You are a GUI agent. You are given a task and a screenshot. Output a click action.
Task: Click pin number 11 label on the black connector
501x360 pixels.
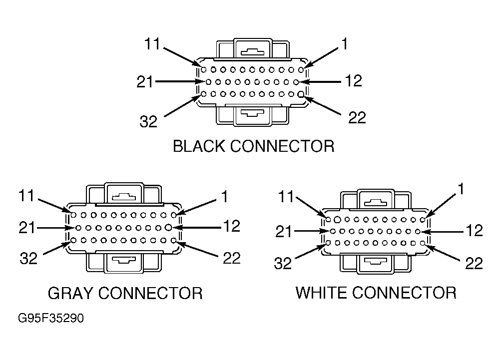pyautogui.click(x=152, y=44)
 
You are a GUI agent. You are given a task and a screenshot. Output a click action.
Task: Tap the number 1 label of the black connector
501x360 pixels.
pyautogui.click(x=344, y=44)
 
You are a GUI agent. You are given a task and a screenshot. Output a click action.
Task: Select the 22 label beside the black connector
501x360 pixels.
pyautogui.click(x=357, y=117)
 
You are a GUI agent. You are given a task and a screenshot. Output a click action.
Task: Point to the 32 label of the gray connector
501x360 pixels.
pyautogui.click(x=29, y=258)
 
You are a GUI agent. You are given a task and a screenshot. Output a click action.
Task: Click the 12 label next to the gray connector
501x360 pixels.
pyautogui.click(x=232, y=226)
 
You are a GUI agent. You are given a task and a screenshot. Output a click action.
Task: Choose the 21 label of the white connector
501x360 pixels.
pyautogui.click(x=284, y=232)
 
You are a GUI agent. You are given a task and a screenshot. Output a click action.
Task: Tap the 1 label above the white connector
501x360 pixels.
pyautogui.click(x=461, y=189)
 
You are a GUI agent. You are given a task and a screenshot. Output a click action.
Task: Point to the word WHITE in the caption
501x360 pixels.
pyautogui.click(x=322, y=293)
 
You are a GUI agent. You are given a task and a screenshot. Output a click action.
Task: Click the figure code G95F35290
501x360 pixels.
pyautogui.click(x=51, y=318)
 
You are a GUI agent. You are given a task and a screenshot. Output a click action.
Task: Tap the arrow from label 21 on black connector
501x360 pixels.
pyautogui.click(x=180, y=82)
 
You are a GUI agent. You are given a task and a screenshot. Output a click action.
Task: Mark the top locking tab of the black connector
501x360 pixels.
pyautogui.click(x=253, y=49)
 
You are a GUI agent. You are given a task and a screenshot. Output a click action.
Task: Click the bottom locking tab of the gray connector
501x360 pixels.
pyautogui.click(x=124, y=262)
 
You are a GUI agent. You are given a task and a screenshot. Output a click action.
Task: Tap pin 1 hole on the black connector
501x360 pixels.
pyautogui.click(x=301, y=69)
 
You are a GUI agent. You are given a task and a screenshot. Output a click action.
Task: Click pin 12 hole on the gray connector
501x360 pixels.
pyautogui.click(x=169, y=228)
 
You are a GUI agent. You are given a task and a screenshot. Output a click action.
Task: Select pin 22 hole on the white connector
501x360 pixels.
pyautogui.click(x=423, y=243)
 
